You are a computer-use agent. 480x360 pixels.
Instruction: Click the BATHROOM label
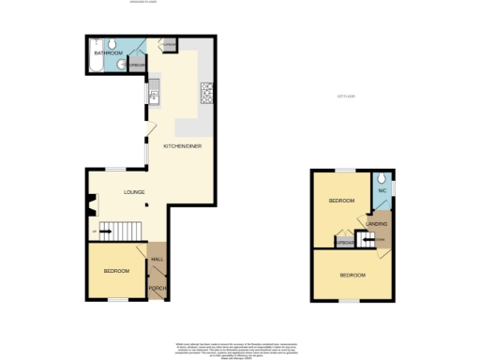pyautogui.click(x=106, y=53)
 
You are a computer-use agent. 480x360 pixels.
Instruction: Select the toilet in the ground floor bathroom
pyautogui.click(x=112, y=44)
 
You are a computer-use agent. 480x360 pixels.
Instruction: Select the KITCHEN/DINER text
pyautogui.click(x=182, y=146)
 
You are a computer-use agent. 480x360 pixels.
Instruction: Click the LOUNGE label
pyautogui.click(x=135, y=193)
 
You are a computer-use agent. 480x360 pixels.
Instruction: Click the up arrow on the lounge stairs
pyautogui.click(x=96, y=229)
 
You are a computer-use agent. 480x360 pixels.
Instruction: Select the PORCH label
pyautogui.click(x=157, y=287)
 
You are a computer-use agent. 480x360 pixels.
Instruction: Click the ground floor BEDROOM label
pyautogui.click(x=115, y=271)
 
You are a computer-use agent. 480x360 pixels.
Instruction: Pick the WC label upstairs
pyautogui.click(x=382, y=192)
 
